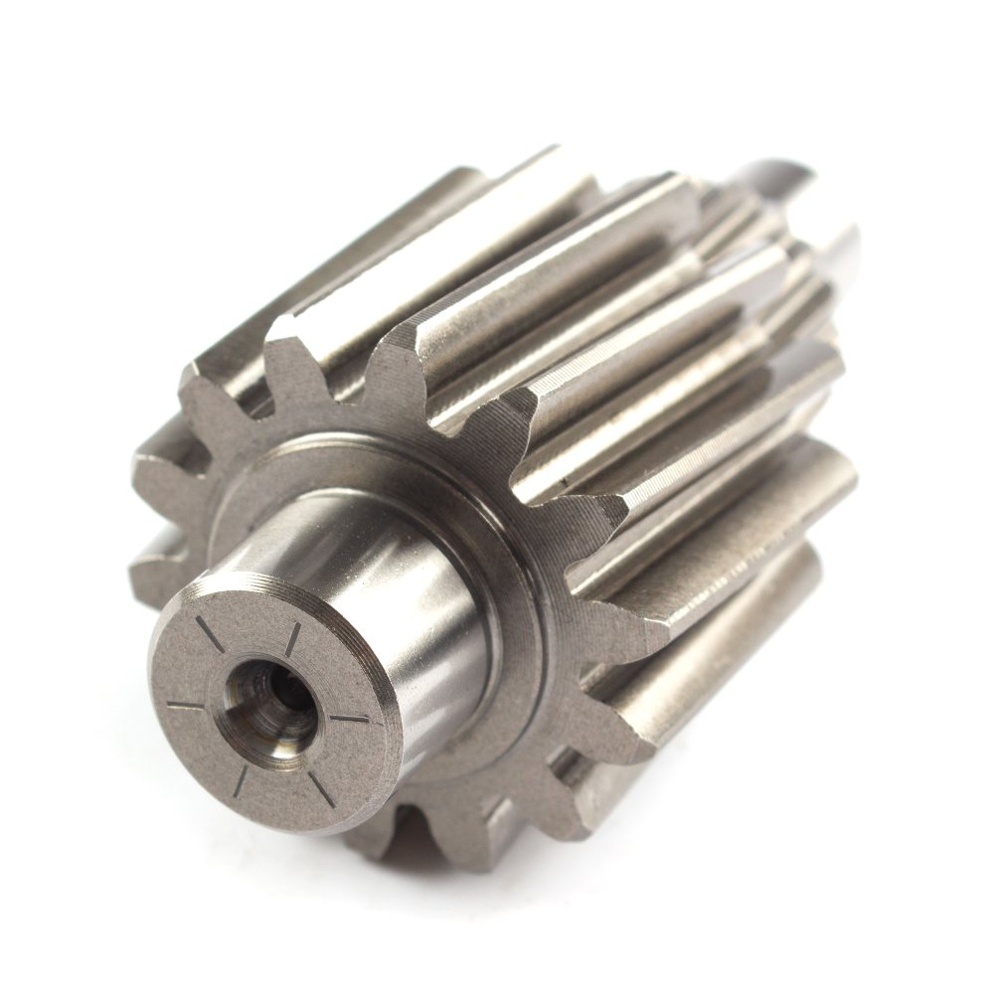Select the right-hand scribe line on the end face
[349, 719]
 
